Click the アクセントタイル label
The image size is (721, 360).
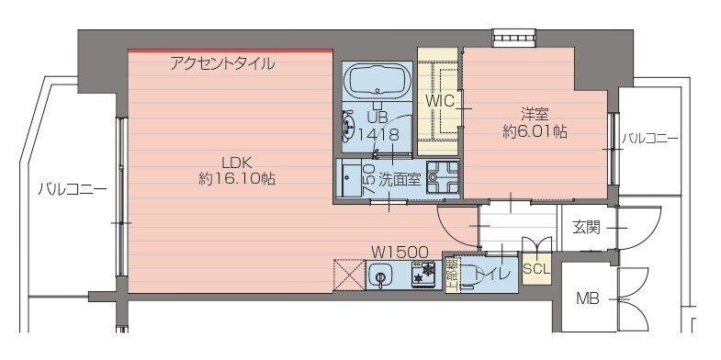point(222,64)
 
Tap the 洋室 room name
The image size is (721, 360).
point(535,114)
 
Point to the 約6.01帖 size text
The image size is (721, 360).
point(535,132)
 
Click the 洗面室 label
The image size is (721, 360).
point(400,179)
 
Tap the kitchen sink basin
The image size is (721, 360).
point(381,276)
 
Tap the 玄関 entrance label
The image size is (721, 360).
point(586,227)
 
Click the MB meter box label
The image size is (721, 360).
point(588,298)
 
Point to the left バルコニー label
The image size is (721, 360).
point(73,191)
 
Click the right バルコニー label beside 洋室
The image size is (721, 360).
point(650,139)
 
